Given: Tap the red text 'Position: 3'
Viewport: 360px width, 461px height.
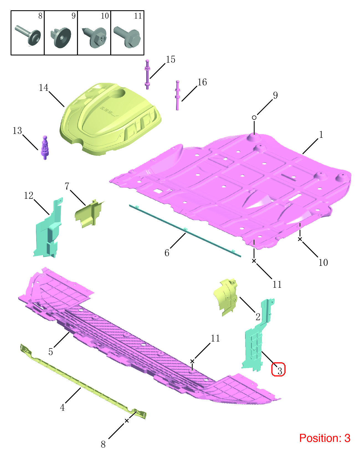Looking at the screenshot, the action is pyautogui.click(x=325, y=438).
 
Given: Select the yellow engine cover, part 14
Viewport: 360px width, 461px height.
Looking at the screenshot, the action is pyautogui.click(x=110, y=119).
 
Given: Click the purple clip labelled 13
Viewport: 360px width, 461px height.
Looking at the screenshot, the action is pyautogui.click(x=45, y=148).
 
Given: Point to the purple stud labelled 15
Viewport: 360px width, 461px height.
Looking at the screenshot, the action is pyautogui.click(x=147, y=75).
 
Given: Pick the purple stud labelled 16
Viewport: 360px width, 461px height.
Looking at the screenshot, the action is pyautogui.click(x=178, y=95).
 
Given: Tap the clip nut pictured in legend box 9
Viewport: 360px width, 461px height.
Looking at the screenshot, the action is pyautogui.click(x=61, y=37).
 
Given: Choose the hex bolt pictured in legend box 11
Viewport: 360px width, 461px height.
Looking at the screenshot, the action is pyautogui.click(x=127, y=37).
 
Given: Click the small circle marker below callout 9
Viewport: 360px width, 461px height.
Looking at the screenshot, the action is pyautogui.click(x=254, y=117).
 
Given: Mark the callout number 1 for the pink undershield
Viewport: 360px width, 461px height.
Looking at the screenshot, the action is pyautogui.click(x=321, y=134).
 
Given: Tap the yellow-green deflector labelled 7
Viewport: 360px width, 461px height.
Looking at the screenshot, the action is pyautogui.click(x=89, y=214).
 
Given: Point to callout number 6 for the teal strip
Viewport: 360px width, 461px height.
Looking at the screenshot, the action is pyautogui.click(x=167, y=253).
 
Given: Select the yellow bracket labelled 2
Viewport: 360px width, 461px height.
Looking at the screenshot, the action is pyautogui.click(x=225, y=297).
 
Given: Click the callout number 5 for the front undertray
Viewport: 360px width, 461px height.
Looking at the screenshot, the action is pyautogui.click(x=51, y=352).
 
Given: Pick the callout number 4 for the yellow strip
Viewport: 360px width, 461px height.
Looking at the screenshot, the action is pyautogui.click(x=62, y=407).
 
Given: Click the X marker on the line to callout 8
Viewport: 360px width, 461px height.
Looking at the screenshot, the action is pyautogui.click(x=127, y=421).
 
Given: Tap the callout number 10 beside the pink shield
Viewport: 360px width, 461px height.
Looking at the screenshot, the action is pyautogui.click(x=323, y=263).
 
